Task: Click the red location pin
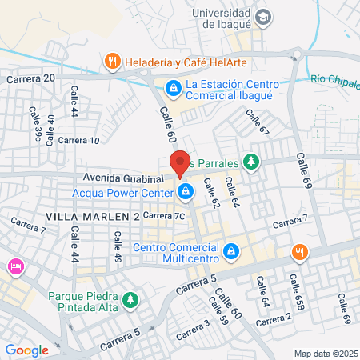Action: [x=180, y=162]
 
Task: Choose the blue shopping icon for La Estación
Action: [x=172, y=88]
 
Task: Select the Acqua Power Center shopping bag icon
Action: [x=186, y=191]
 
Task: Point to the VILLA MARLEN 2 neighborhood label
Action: [x=93, y=217]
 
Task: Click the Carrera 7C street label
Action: [x=167, y=215]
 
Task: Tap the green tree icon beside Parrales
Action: [x=252, y=161]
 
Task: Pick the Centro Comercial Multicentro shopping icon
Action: [x=231, y=252]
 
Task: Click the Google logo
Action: [x=26, y=350]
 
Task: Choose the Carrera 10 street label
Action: [x=79, y=141]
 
